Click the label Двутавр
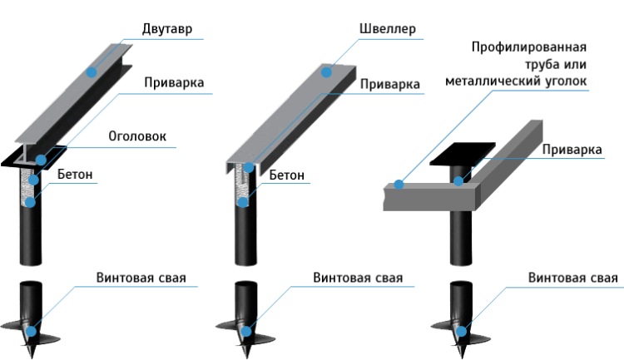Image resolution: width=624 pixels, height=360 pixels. [167, 29]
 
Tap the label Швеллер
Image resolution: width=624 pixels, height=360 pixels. [387, 28]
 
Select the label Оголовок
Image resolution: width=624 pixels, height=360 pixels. [137, 136]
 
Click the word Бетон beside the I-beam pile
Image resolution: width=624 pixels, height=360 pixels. [75, 174]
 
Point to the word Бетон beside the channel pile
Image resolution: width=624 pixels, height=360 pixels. [286, 175]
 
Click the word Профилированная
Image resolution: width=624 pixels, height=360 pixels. [529, 47]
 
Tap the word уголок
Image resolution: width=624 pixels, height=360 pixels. [564, 81]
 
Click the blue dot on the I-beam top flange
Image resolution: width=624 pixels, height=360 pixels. [92, 72]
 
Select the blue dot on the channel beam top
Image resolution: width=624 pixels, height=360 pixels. [326, 72]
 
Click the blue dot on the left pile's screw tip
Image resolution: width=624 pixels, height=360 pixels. [31, 331]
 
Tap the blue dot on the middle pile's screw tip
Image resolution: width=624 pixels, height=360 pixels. [246, 331]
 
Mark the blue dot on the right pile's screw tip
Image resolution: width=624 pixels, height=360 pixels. [462, 331]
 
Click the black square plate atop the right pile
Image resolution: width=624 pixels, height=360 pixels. [463, 154]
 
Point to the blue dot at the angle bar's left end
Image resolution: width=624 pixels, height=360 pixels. [399, 185]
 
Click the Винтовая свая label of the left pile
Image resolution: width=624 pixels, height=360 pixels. [141, 277]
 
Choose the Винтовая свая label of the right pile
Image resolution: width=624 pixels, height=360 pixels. [573, 277]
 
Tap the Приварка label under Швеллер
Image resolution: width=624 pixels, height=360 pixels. [390, 84]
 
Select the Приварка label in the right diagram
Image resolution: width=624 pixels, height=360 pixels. [572, 150]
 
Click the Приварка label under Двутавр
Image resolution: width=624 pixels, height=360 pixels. [174, 82]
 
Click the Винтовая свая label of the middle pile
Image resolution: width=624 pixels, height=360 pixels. [358, 277]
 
